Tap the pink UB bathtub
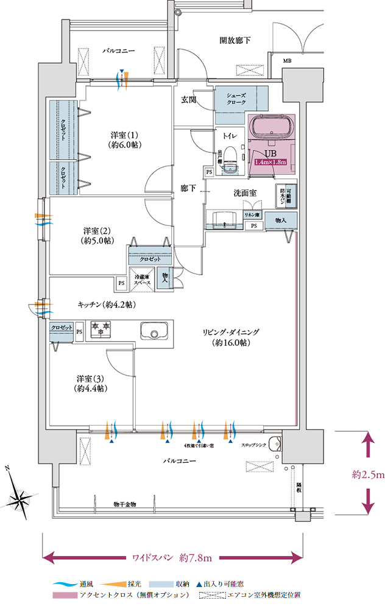click(272, 130)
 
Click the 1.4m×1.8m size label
click(270, 163)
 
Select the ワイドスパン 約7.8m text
click(172, 557)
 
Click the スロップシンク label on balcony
click(255, 445)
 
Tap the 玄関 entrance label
click(188, 99)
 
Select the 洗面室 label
click(244, 192)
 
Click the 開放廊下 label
click(235, 40)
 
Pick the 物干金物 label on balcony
click(124, 504)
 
